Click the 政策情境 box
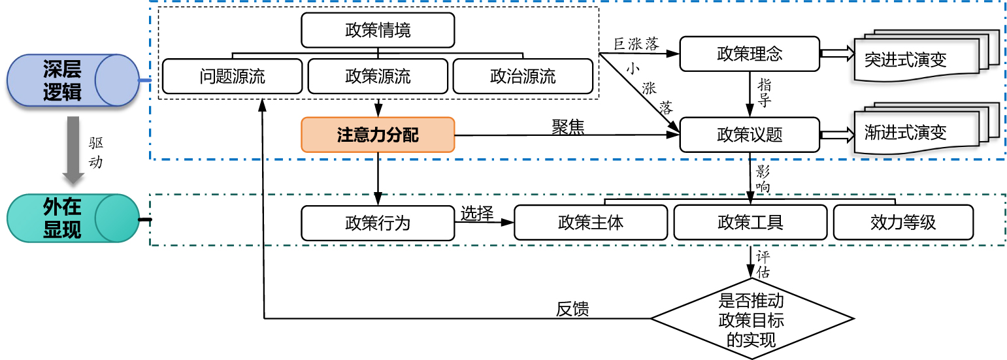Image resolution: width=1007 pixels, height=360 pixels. [x=378, y=30]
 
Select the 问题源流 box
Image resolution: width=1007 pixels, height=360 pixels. [x=233, y=76]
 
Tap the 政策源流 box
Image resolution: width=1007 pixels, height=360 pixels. [x=378, y=76]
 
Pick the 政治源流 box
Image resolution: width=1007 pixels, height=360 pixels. [x=523, y=76]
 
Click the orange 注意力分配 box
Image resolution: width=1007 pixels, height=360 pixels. [x=378, y=135]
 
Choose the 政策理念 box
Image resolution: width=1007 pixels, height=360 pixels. [x=750, y=54]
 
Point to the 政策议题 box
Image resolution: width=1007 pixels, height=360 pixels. [x=750, y=135]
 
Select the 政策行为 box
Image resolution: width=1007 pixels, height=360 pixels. [x=378, y=223]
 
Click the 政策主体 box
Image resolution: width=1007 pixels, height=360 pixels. [x=591, y=223]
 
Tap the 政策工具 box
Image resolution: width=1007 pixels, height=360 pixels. [x=750, y=223]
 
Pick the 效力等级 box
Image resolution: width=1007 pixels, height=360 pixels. [x=903, y=223]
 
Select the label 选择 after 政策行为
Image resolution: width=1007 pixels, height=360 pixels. [x=476, y=214]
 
